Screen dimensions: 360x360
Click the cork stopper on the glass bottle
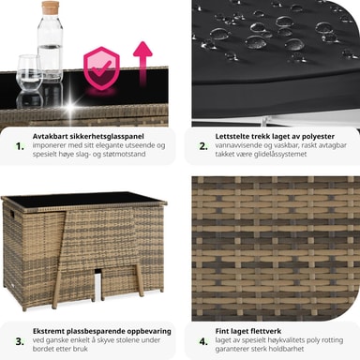coord(51,7)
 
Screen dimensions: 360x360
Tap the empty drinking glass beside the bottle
coord(29,73)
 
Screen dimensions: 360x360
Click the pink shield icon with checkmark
coord(101,68)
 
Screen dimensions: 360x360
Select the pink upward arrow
coord(142,64)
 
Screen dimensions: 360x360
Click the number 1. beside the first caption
coord(20,146)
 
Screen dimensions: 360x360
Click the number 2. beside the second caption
coord(203,146)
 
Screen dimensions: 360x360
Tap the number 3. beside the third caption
coord(20,341)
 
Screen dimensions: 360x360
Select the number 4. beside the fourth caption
coord(203,341)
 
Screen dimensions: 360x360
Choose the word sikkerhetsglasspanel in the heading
coord(104,137)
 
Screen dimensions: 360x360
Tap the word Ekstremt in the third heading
coord(49,331)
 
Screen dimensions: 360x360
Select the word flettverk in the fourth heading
coord(265,331)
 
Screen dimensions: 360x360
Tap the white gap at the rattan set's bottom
coord(97,283)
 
